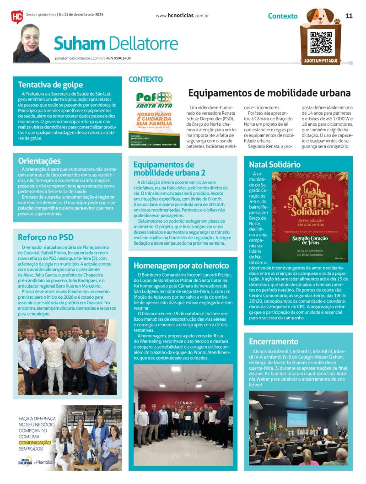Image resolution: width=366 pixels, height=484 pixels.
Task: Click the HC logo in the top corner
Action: [x=16, y=16]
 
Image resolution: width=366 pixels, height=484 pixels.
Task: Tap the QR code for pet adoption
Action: [x=321, y=43]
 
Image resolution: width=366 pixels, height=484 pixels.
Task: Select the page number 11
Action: [x=349, y=16]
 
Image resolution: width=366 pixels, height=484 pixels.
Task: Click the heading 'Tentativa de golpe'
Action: [x=50, y=84]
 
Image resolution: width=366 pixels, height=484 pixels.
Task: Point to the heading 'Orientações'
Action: [x=39, y=161]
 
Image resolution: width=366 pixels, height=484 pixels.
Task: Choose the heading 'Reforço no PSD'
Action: [x=45, y=237]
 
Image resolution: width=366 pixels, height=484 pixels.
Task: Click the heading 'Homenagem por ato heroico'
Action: [x=181, y=265]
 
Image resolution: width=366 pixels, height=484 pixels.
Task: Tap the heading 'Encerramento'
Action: [x=274, y=341]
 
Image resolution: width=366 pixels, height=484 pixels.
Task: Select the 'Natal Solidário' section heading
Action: [x=274, y=164]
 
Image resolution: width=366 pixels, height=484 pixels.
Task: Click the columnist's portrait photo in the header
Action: [x=32, y=43]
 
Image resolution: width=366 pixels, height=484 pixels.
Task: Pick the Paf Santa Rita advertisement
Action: [x=154, y=120]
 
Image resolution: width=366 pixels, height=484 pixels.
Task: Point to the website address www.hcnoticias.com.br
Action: [x=182, y=16]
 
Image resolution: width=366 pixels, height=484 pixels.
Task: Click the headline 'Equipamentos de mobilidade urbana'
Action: [x=269, y=93]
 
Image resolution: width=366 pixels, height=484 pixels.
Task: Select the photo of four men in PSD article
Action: [x=67, y=357]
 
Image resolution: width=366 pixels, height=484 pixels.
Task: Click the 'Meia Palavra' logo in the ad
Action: [x=25, y=462]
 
